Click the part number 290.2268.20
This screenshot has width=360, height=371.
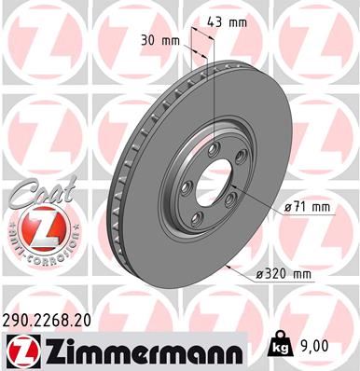tap(53, 319)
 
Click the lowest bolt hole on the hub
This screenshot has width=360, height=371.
tap(199, 216)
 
